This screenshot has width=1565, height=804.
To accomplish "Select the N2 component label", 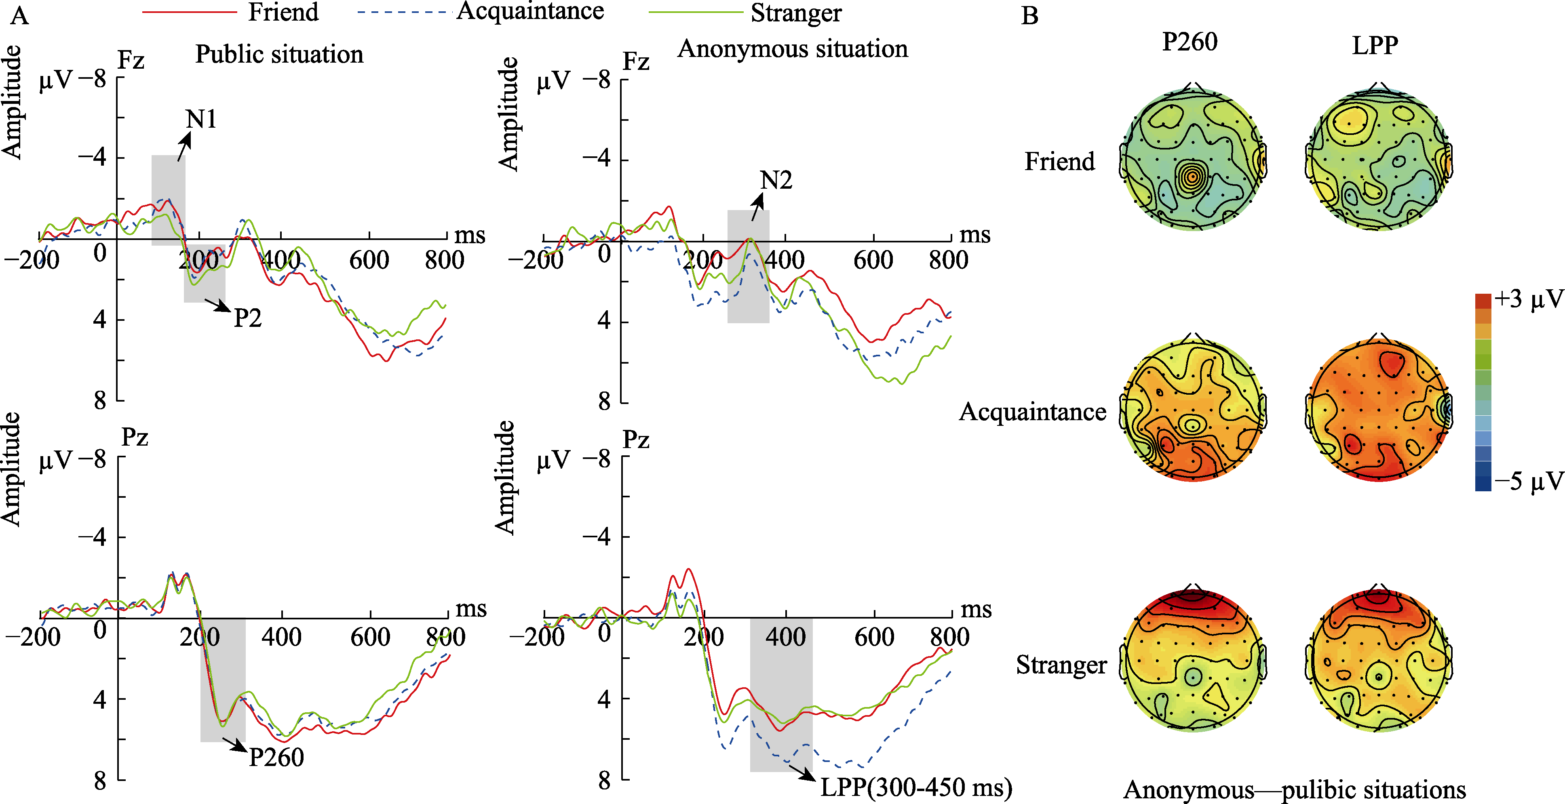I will coord(776,180).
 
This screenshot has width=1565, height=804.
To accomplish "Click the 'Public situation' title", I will coord(279,54).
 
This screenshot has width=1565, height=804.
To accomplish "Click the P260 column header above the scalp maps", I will coord(1190,42).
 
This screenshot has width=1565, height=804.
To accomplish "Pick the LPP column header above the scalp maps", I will coord(1375,45).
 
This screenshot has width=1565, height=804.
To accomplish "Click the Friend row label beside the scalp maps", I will coord(1059,162).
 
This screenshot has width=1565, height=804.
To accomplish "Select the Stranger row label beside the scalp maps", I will coord(1061,665).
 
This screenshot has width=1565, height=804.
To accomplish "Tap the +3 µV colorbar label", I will coord(1528,299).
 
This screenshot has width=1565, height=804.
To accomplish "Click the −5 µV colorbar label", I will coord(1528,481).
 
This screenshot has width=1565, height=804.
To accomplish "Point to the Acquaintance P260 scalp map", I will coord(1193,410).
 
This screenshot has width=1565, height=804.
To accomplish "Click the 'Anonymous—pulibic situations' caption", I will coord(1294,789).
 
